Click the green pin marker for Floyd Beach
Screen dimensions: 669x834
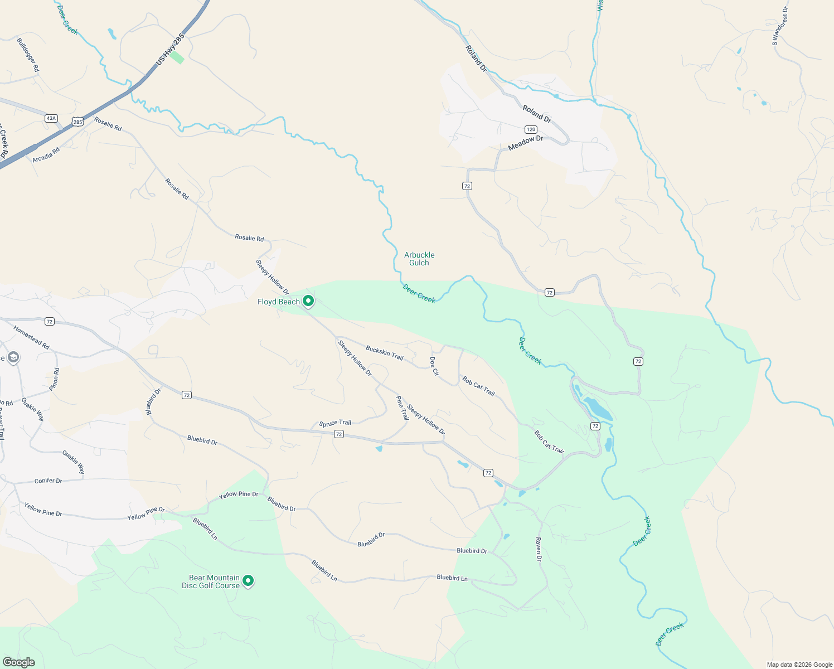[308, 302]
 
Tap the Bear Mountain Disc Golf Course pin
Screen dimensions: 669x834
[248, 581]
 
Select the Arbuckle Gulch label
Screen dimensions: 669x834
[419, 259]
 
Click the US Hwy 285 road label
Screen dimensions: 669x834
[170, 49]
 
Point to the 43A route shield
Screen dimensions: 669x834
[51, 118]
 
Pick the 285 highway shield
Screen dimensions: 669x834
[77, 122]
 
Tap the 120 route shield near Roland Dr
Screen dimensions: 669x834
[531, 129]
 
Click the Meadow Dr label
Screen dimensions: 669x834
[525, 143]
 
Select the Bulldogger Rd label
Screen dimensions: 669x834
[28, 55]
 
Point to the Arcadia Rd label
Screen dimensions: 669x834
[46, 155]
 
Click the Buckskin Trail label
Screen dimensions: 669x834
[384, 353]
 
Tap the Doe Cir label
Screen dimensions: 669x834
[434, 366]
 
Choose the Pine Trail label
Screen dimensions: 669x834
[402, 408]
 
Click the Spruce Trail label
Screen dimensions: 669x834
[335, 424]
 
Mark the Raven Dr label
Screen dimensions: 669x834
[539, 549]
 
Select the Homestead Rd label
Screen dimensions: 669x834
[32, 338]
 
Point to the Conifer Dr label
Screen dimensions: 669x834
[49, 481]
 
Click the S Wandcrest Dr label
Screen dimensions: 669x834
[780, 26]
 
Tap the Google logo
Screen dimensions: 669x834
[18, 662]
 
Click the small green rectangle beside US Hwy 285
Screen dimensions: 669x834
[177, 57]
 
